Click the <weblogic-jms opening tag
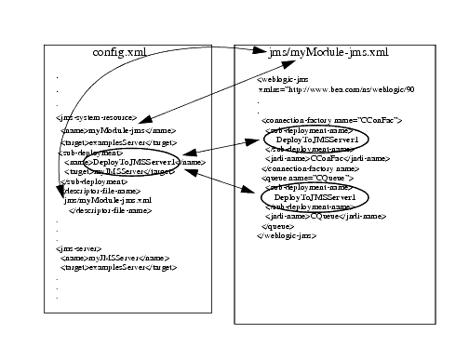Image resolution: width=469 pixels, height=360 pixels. click(x=280, y=81)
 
